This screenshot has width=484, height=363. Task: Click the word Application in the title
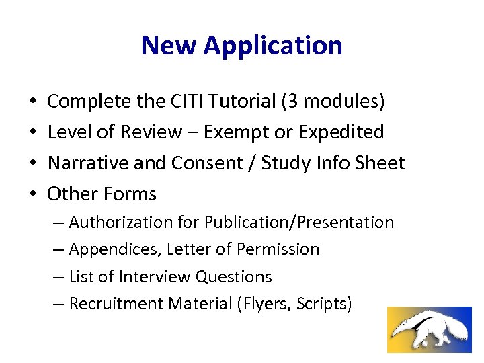tap(273, 46)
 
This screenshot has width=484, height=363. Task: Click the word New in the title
tap(169, 45)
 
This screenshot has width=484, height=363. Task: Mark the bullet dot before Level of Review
tap(33, 132)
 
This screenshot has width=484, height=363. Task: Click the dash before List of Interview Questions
tap(58, 277)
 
